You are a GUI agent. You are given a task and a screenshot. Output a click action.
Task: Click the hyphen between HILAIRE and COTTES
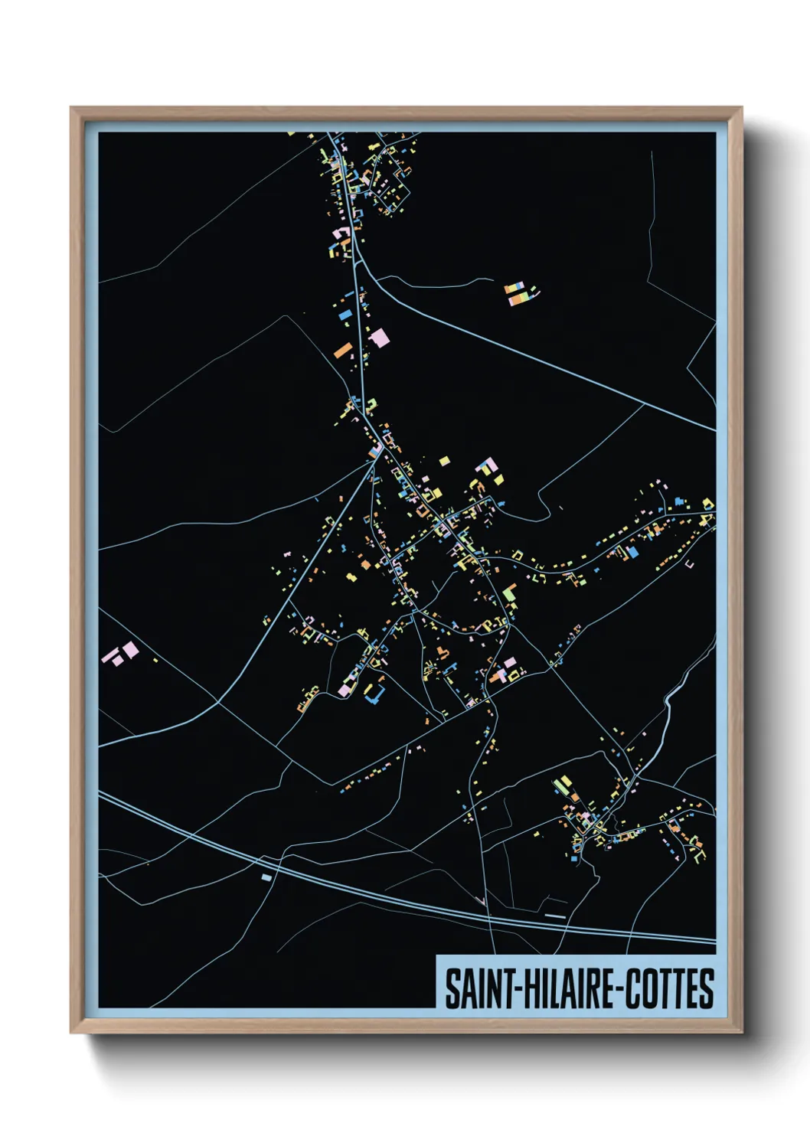coord(621,990)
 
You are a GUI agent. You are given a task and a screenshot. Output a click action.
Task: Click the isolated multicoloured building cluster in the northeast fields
coord(520,293)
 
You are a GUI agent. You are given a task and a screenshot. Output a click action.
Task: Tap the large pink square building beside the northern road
coord(378,338)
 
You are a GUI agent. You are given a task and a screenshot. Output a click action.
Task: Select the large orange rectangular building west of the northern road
coord(343,351)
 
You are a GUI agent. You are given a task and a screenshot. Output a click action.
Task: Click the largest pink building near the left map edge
coord(131,650)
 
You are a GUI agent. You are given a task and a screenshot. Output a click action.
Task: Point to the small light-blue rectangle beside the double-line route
coord(266,877)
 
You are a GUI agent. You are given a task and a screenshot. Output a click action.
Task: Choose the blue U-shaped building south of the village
coord(374,694)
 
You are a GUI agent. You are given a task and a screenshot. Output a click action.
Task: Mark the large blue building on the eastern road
coord(632,552)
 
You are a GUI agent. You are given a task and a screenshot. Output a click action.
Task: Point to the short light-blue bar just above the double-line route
coord(555,916)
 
